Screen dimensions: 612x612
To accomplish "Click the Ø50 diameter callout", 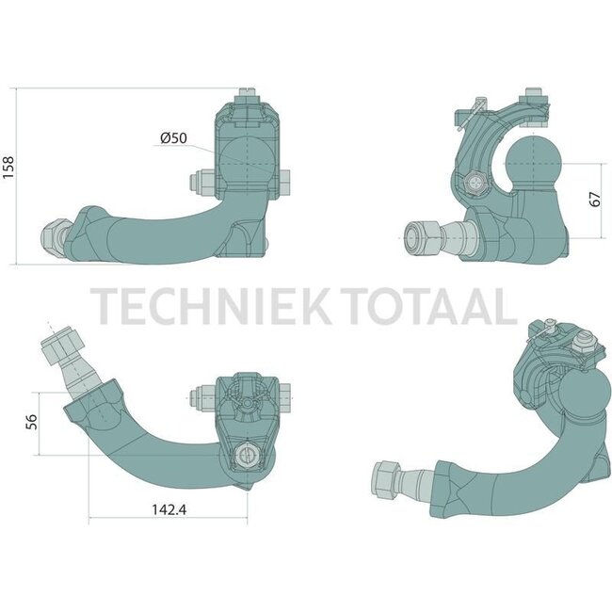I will pos(174,138).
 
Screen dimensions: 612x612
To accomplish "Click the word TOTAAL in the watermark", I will pos(437,307).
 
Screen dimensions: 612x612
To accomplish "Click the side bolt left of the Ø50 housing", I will pos(203,181).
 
